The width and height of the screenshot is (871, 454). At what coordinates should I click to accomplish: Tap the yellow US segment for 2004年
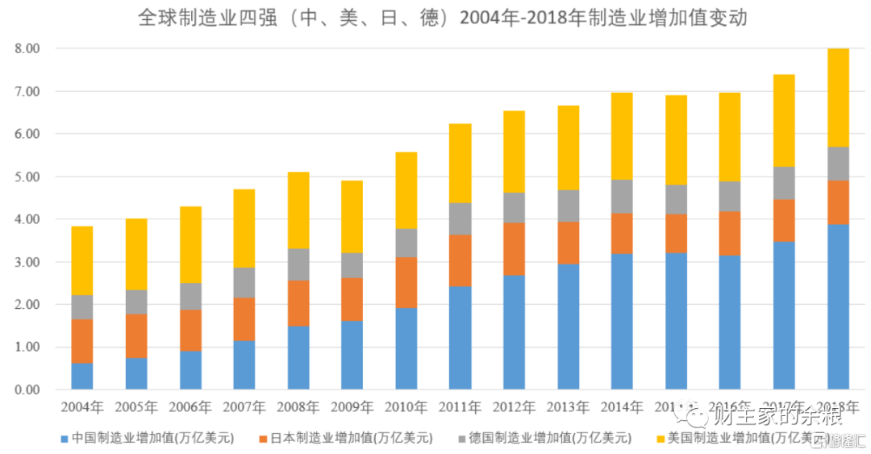[82, 260]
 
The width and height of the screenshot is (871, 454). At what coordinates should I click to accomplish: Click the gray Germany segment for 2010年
[406, 243]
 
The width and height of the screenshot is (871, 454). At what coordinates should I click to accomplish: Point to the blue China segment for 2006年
[190, 370]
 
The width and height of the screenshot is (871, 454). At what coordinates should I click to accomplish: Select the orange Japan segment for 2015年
[677, 233]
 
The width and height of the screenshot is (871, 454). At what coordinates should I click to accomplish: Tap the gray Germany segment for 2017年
[785, 183]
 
